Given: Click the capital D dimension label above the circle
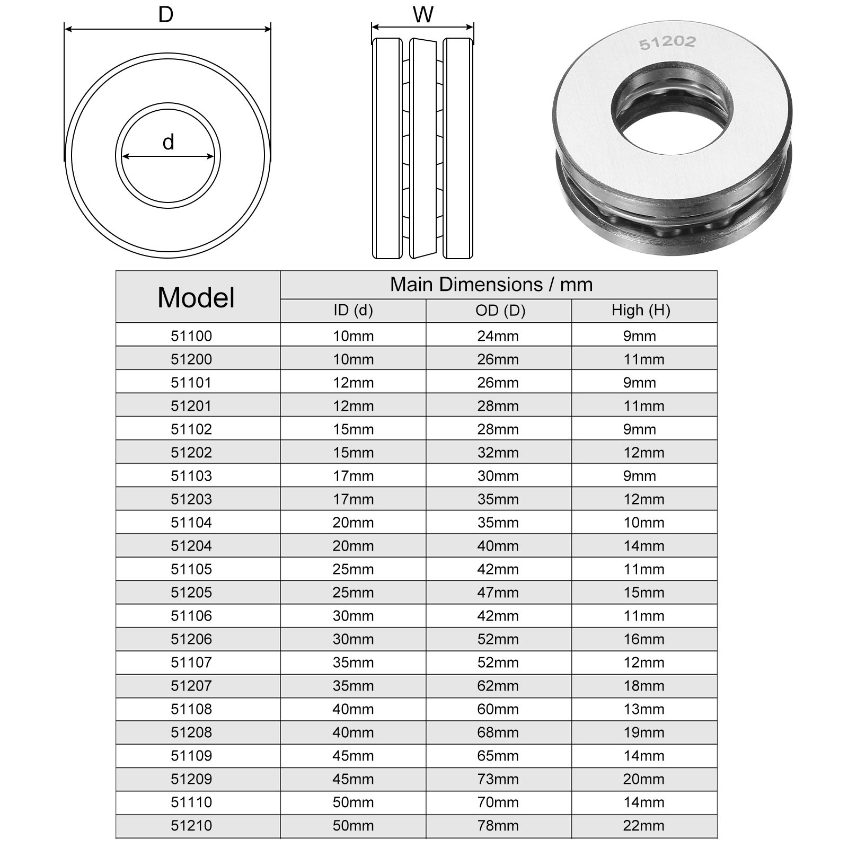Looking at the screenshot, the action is (166, 15).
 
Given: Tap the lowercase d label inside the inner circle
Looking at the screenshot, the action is (169, 143).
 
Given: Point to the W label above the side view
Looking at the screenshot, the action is (423, 15).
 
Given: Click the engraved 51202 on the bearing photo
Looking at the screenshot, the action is (667, 42).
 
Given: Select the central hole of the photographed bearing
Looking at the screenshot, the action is (672, 108).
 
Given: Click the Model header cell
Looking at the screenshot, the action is (196, 297).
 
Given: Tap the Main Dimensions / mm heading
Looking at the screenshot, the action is (491, 285).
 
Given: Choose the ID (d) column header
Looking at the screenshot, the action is (353, 310).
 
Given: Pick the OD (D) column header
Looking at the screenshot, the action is (500, 310).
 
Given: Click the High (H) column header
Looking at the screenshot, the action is (641, 310).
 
